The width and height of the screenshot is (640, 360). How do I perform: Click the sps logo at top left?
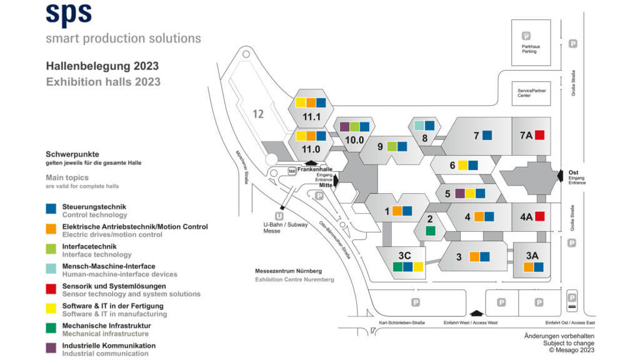(69, 14)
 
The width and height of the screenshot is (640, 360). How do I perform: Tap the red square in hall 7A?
(540, 134)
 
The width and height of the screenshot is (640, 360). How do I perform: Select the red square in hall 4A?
(540, 216)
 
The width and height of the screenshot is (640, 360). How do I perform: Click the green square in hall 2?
(430, 231)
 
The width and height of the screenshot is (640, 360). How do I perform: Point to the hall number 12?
(259, 114)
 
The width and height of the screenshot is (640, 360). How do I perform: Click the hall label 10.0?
(354, 139)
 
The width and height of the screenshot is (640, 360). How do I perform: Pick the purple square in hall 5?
(460, 193)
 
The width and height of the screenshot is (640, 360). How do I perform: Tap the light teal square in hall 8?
(419, 125)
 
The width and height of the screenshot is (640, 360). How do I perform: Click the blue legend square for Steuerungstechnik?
(51, 209)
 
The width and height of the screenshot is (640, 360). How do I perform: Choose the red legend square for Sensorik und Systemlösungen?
(51, 289)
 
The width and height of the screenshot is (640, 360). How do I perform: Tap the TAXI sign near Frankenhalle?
(291, 171)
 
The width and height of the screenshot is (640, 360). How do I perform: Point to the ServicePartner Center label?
(531, 93)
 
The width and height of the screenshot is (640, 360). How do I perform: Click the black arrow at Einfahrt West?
(476, 313)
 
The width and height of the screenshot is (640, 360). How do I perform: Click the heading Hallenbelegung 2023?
(102, 66)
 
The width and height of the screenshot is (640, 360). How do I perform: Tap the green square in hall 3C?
(397, 267)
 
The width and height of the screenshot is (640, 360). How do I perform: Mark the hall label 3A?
(532, 255)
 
